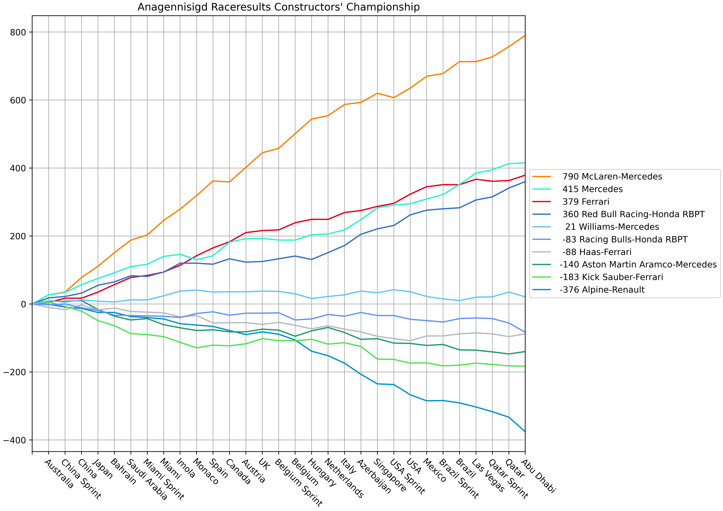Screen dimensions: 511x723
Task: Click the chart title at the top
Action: [x=278, y=7]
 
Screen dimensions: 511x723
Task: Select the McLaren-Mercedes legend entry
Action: [x=612, y=176]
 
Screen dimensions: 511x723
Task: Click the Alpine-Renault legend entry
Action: [x=602, y=290]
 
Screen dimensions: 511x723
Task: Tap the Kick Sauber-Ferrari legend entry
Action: [x=611, y=277]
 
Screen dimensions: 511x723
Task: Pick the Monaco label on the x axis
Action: [x=206, y=471]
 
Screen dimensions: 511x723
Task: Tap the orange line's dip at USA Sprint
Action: [x=394, y=98]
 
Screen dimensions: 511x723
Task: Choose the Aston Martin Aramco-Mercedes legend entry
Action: [x=638, y=265]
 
